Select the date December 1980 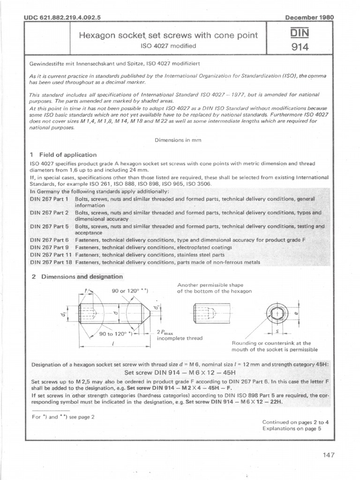coord(309,17)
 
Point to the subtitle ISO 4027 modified coord(168,46)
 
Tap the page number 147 coord(329,454)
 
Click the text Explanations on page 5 coord(295,428)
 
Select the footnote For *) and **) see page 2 coord(63,417)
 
